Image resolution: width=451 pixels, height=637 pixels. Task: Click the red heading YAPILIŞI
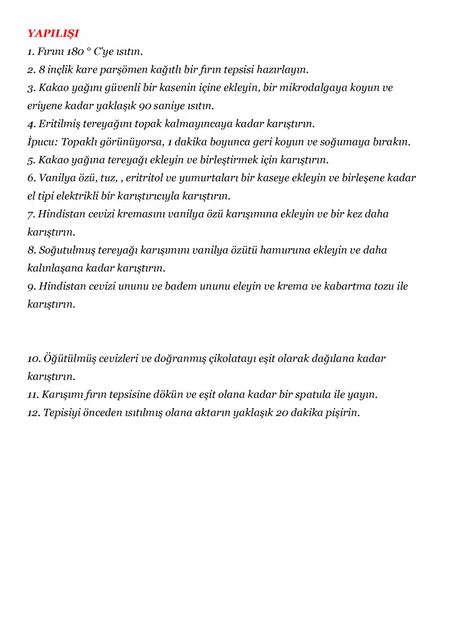53,33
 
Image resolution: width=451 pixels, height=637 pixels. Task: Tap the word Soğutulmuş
65,250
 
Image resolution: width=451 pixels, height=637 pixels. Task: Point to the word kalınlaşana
55,268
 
